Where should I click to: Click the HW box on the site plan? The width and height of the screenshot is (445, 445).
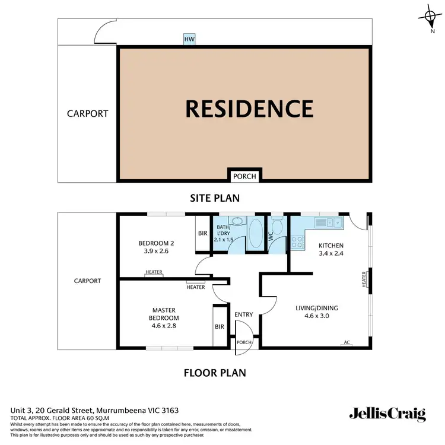click(x=189, y=39)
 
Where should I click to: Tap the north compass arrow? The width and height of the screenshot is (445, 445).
click(x=431, y=17)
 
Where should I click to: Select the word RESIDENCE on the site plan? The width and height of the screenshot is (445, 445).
click(x=249, y=109)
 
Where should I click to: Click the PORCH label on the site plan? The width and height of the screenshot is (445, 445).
click(x=244, y=176)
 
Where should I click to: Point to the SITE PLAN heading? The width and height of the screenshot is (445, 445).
click(x=214, y=198)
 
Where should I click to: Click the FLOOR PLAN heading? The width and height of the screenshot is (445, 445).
click(x=214, y=373)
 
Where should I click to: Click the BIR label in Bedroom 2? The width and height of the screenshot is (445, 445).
click(x=203, y=233)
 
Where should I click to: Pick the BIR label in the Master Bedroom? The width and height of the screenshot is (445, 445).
click(x=220, y=327)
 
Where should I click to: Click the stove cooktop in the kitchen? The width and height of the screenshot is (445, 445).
click(x=297, y=242)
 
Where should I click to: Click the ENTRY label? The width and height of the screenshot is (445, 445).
click(x=244, y=314)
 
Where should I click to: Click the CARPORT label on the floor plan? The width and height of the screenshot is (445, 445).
click(x=87, y=281)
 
